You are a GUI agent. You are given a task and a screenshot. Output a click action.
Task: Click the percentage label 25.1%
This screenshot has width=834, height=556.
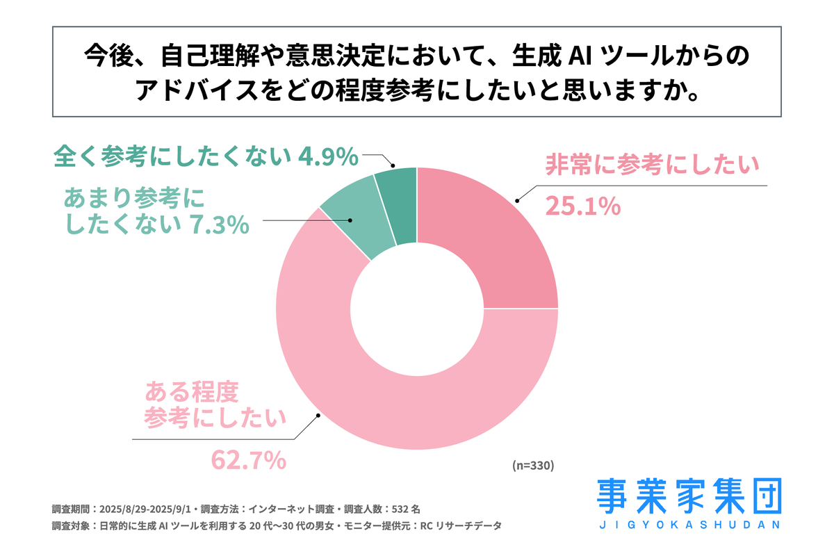point(582,206)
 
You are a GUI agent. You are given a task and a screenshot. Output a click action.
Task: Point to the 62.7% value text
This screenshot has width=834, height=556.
point(248,459)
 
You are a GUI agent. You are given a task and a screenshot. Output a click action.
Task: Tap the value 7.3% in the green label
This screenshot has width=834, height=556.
point(219,224)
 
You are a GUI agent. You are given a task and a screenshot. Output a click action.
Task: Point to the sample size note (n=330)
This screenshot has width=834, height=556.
point(533,465)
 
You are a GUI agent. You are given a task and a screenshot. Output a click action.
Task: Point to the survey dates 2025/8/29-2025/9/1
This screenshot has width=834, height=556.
point(147,507)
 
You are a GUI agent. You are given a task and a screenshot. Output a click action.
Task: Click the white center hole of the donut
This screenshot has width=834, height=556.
point(417,308)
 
